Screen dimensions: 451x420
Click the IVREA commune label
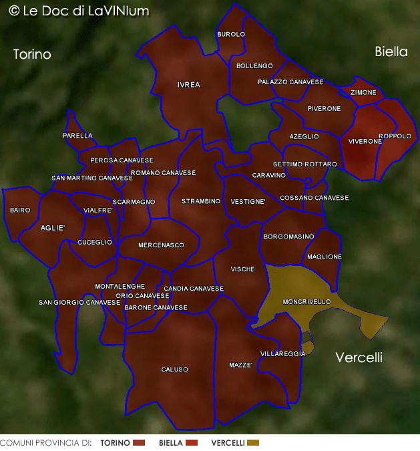(x=189, y=85)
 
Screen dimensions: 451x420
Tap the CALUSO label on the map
(x=175, y=369)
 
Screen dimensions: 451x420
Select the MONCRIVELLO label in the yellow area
(x=306, y=302)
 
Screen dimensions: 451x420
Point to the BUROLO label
(x=231, y=34)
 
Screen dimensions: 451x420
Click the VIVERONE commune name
(x=365, y=142)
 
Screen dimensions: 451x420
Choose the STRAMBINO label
(x=201, y=201)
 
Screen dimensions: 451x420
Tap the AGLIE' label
(x=53, y=228)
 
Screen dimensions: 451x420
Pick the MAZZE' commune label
(x=240, y=365)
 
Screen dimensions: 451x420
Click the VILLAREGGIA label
(x=282, y=353)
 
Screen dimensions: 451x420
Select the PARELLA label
(x=77, y=136)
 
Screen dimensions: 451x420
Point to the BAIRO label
(x=20, y=210)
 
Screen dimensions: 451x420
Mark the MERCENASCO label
(x=161, y=245)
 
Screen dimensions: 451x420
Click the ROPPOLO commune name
(x=395, y=136)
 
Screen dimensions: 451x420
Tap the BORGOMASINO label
(x=288, y=237)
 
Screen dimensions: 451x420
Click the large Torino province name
(x=32, y=55)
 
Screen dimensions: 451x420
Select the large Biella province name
(x=391, y=51)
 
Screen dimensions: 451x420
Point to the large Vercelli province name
(x=359, y=357)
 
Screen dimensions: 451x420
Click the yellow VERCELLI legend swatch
(x=253, y=443)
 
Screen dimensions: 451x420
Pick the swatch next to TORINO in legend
(x=139, y=443)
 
